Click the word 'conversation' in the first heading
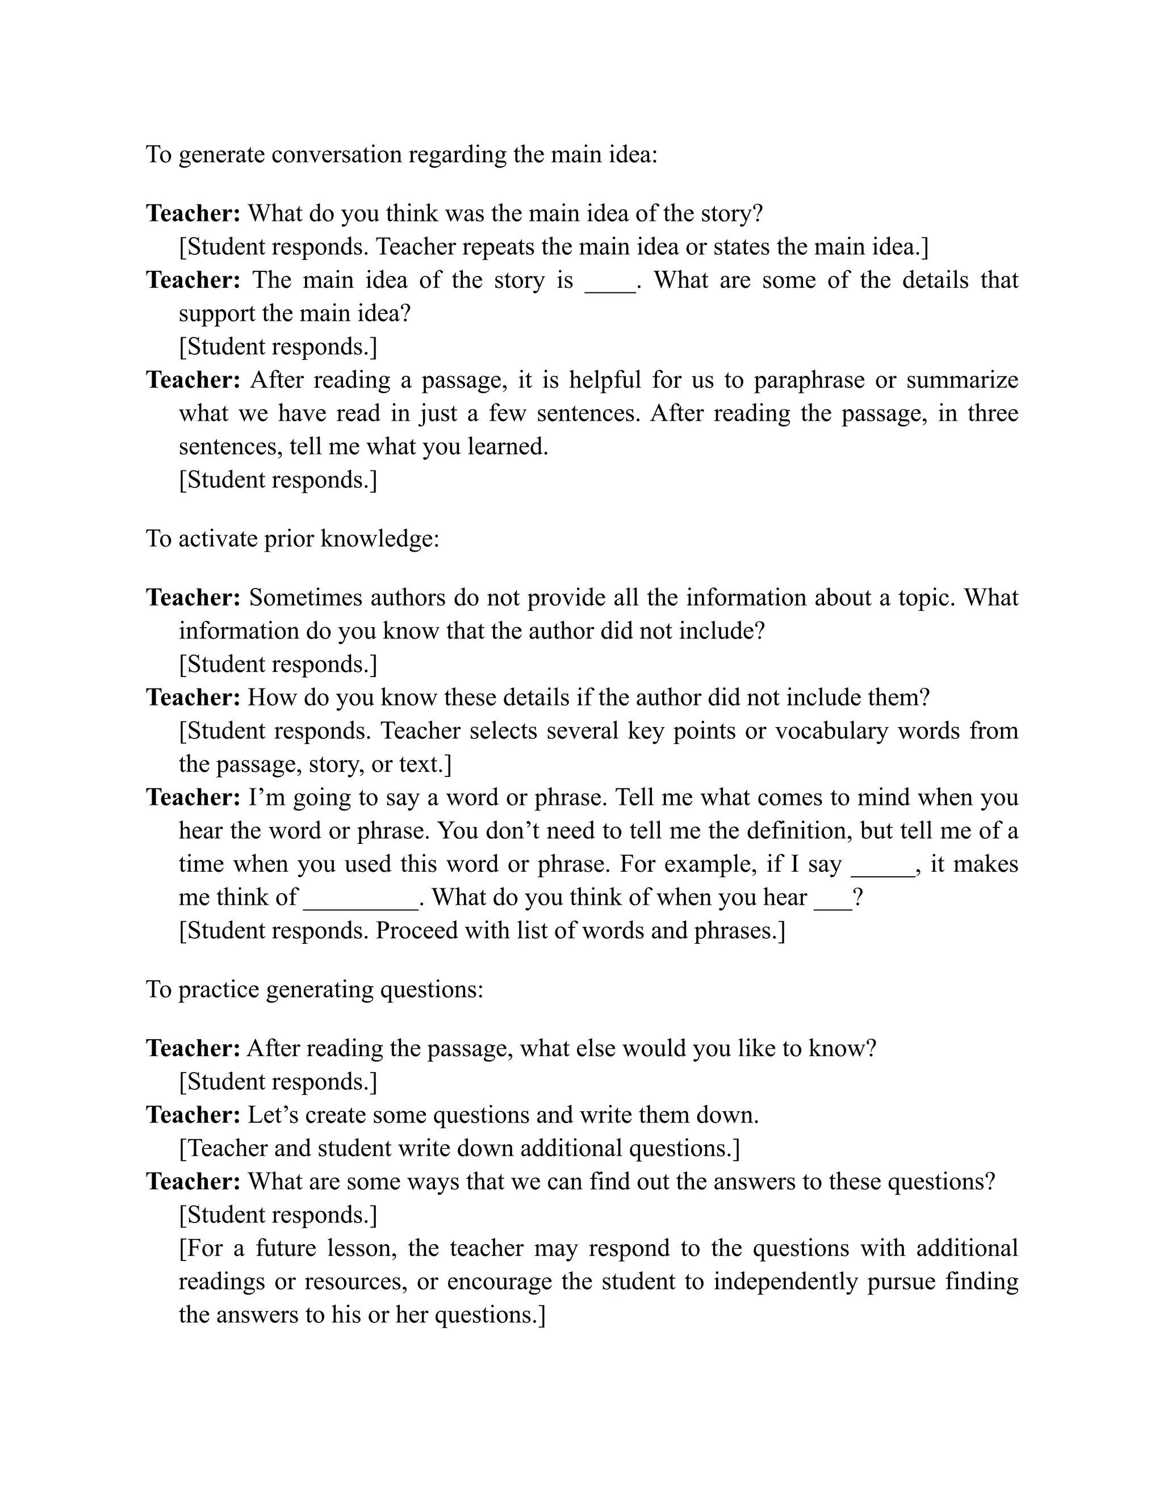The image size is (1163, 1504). [336, 154]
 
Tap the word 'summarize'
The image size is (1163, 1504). [962, 380]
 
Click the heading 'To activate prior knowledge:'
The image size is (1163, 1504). [292, 538]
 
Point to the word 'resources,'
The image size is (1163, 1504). [355, 1281]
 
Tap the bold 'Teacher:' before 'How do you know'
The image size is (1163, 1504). [193, 697]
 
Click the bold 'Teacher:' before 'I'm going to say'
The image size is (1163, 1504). [193, 797]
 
